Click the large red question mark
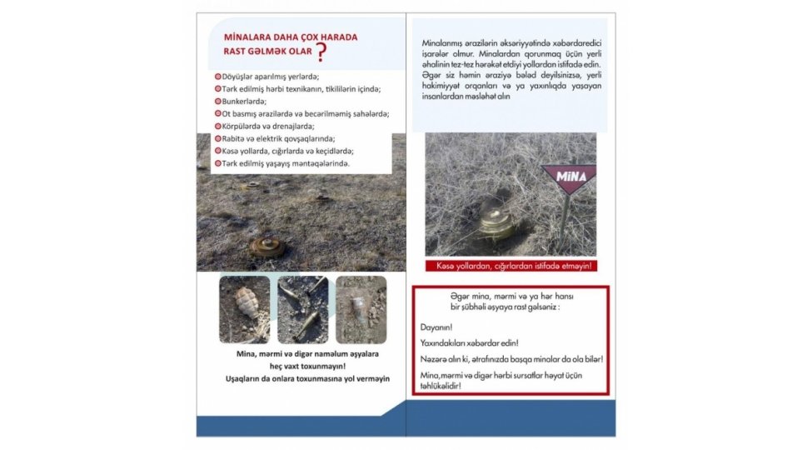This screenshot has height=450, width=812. [321, 53]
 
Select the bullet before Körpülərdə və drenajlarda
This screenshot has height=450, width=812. [218, 126]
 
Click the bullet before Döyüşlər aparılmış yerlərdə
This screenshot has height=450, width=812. [218, 76]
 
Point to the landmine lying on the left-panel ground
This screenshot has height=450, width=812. [267, 246]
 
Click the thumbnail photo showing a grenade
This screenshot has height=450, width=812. [244, 309]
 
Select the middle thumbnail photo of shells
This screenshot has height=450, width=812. [302, 309]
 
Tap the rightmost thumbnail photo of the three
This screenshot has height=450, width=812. [361, 309]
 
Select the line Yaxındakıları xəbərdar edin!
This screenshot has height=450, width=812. [468, 343]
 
